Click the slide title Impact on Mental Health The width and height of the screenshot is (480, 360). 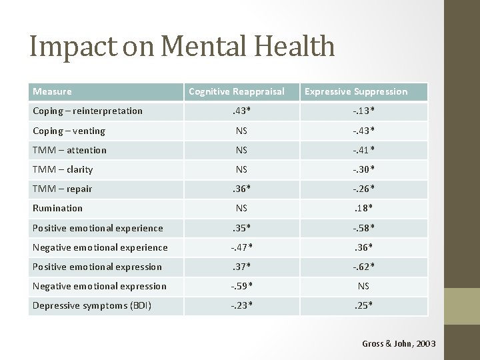pyautogui.click(x=182, y=46)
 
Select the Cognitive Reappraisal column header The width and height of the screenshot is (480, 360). pyautogui.click(x=237, y=91)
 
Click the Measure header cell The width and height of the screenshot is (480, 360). pyautogui.click(x=52, y=91)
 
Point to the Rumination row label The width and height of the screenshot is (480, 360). pyautogui.click(x=57, y=208)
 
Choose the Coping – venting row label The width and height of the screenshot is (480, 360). pyautogui.click(x=69, y=131)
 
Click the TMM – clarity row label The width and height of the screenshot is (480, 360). pyautogui.click(x=63, y=169)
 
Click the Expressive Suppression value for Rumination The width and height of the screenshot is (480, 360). pyautogui.click(x=363, y=208)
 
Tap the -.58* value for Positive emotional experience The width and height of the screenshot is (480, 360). pyautogui.click(x=363, y=228)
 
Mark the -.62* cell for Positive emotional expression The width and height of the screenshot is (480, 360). pyautogui.click(x=363, y=267)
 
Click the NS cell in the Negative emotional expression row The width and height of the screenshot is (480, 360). pyautogui.click(x=363, y=286)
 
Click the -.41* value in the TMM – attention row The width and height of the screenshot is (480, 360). pyautogui.click(x=363, y=150)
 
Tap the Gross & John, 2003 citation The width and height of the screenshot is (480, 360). pyautogui.click(x=399, y=343)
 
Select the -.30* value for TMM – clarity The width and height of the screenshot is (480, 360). pyautogui.click(x=363, y=169)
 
